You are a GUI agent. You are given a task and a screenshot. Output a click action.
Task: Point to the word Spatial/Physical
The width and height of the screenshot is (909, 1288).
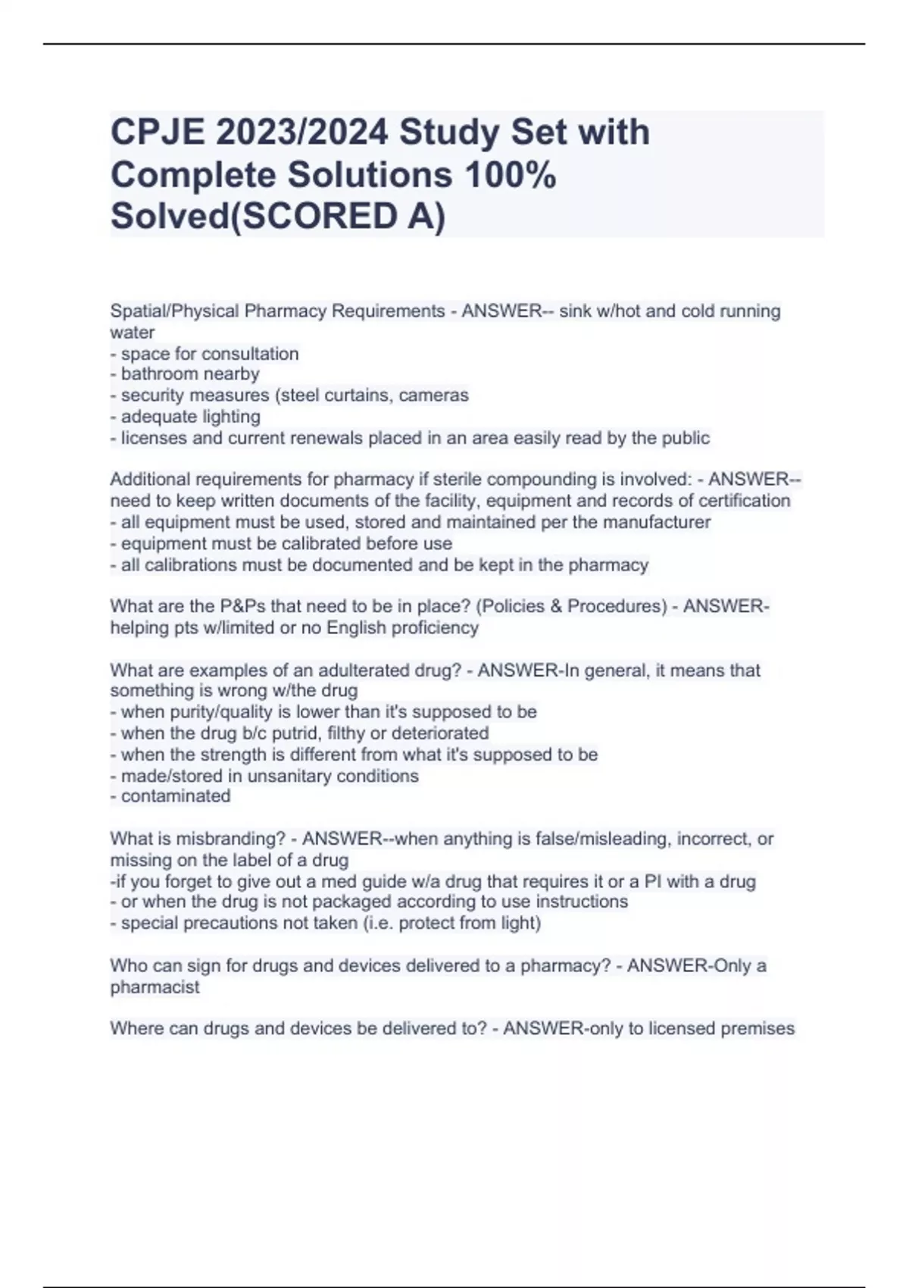174,311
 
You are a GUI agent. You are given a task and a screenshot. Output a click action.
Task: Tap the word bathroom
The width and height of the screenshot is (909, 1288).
155,374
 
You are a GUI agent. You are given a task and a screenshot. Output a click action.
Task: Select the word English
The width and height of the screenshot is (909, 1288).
355,628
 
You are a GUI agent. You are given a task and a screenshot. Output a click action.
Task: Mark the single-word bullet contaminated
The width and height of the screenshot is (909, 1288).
176,796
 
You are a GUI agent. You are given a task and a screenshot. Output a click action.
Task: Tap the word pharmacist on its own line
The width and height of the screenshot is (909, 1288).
155,988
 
